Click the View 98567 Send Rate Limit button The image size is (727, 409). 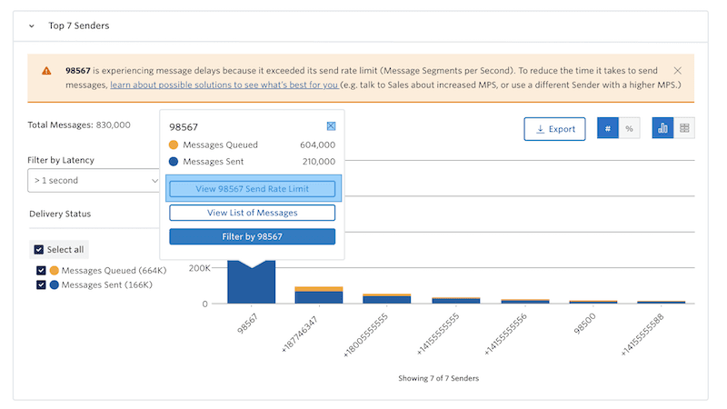[252, 189]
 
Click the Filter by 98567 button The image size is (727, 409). [252, 236]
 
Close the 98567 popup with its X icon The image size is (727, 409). [331, 127]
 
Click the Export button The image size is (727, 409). [554, 129]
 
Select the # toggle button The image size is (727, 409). [608, 129]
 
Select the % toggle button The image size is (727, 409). [629, 129]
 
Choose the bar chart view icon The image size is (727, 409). [663, 129]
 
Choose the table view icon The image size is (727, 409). [684, 129]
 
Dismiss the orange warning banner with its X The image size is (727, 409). [678, 70]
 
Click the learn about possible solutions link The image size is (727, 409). [224, 85]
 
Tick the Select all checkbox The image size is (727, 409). [38, 250]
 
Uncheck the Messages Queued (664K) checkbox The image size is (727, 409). [41, 271]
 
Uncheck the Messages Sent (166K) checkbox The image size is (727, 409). [41, 284]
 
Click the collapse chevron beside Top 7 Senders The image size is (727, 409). [32, 26]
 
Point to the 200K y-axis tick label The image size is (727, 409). [198, 269]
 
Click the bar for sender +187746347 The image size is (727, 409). [319, 295]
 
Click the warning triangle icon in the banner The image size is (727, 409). [46, 71]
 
